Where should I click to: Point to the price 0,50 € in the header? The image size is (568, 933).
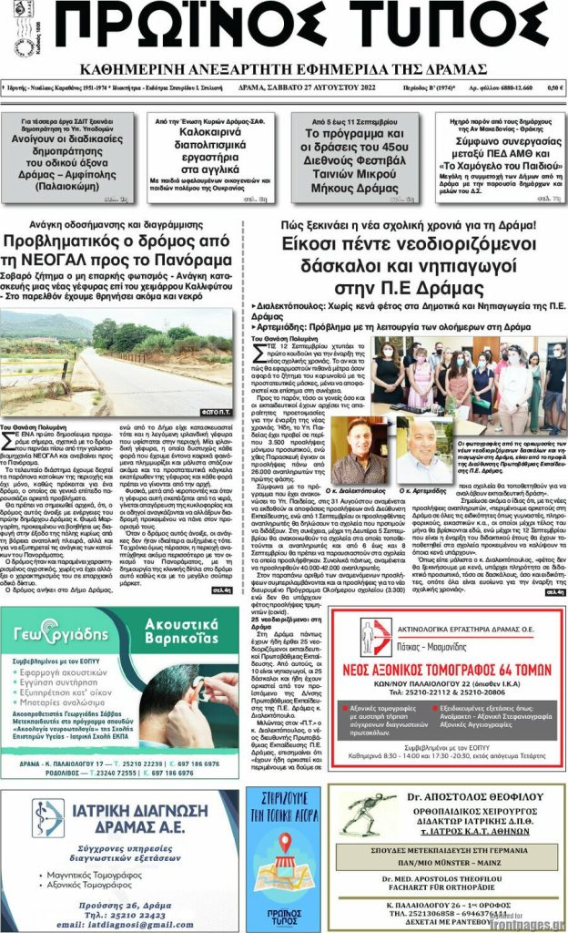coord(553,87)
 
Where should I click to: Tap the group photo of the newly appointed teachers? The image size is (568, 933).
coord(472,382)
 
